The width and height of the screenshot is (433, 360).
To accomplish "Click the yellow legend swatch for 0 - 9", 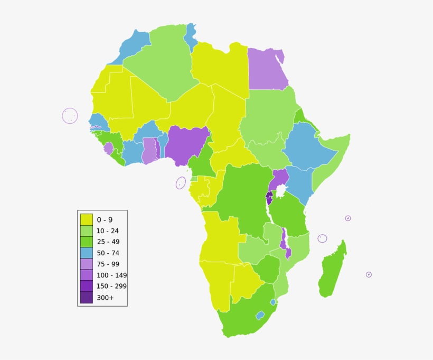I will [86, 219].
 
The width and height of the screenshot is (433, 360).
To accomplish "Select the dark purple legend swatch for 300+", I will [86, 298].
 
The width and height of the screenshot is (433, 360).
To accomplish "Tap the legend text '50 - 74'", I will [108, 253].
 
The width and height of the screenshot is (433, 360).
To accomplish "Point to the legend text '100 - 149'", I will [111, 275].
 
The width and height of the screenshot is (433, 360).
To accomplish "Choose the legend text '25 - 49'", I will [108, 242].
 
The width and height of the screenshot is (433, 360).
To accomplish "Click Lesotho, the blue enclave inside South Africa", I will [260, 315].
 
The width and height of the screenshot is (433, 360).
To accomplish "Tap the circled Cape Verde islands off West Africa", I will [70, 116].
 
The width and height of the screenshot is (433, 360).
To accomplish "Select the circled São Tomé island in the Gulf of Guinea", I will [181, 183].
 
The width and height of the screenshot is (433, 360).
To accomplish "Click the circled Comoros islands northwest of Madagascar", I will [322, 238].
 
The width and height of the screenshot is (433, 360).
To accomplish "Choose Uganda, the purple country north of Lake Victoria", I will [279, 177].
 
